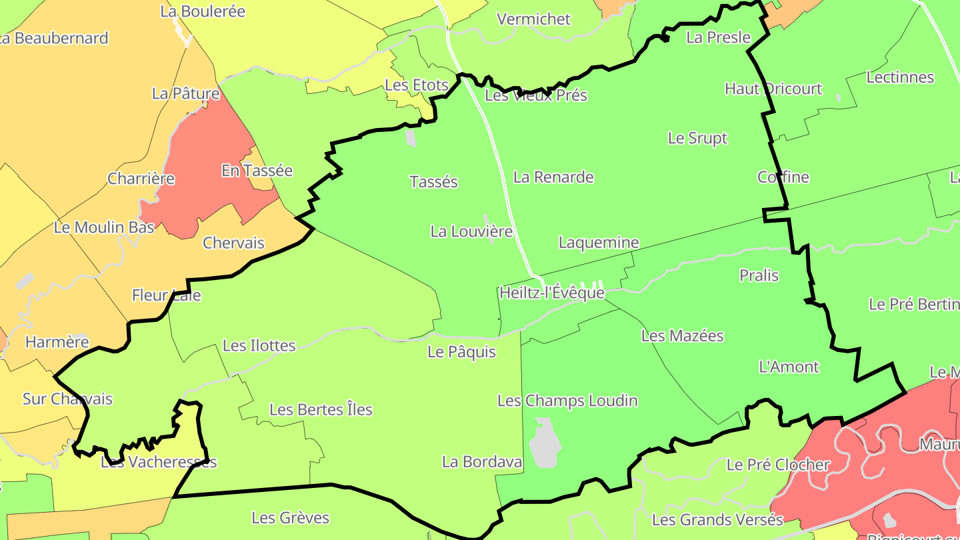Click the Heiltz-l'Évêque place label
tap(552, 293)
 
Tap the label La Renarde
tap(553, 177)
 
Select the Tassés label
tap(434, 182)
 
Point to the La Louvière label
tap(471, 232)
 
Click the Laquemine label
tap(599, 243)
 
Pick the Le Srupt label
tap(697, 138)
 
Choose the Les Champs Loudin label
tap(567, 401)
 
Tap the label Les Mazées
tap(682, 336)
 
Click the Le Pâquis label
tap(461, 352)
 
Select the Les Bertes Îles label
tap(321, 409)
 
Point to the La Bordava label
tap(481, 461)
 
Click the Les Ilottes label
tap(259, 345)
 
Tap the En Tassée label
tap(257, 171)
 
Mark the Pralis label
tap(759, 275)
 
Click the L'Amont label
tap(789, 367)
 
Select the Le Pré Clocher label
tap(778, 465)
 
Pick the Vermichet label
tap(534, 19)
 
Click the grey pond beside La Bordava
tap(545, 443)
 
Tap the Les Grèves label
tap(290, 517)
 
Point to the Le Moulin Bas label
tap(104, 227)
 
